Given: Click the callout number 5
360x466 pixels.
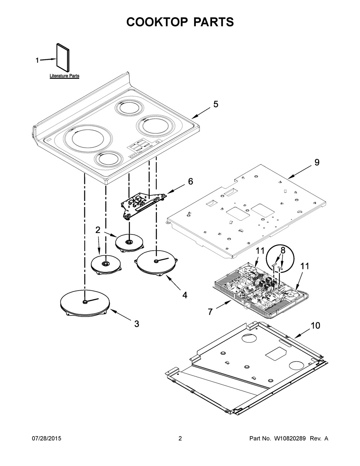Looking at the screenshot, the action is (x=216, y=104).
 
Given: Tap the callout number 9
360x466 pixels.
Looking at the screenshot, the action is (x=317, y=162).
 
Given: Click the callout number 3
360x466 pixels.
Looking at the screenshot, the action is (x=136, y=324).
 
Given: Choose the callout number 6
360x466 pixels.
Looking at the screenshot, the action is (x=190, y=182).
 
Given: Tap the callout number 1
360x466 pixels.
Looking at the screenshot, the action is (x=37, y=61).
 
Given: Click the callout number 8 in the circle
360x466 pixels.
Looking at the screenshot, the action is (x=283, y=251).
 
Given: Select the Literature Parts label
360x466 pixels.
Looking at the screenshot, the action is (x=64, y=76).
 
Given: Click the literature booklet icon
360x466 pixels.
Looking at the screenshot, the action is (x=63, y=58).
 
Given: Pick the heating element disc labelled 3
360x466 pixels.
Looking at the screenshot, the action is (x=85, y=303).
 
